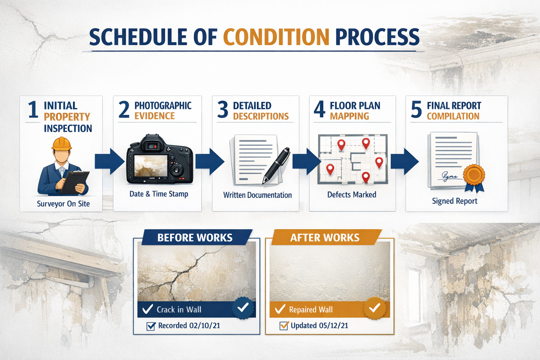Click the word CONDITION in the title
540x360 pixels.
pos(276,37)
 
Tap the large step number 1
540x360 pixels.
pos(33,110)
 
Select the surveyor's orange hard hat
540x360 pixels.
pos(62,144)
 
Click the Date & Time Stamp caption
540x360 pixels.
pos(159,194)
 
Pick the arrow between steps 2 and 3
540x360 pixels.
pos(210,162)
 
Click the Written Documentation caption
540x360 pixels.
pos(257,195)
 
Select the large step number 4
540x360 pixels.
pos(319,109)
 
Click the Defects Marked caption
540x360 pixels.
pos(352,195)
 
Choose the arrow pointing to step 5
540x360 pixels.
pos(405,162)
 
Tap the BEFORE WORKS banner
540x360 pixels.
pos(195,238)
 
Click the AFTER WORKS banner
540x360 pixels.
pos(324,238)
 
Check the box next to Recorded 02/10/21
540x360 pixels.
pos(151,326)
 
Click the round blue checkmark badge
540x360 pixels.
pos(243,308)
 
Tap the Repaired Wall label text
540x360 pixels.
pos(311,310)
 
